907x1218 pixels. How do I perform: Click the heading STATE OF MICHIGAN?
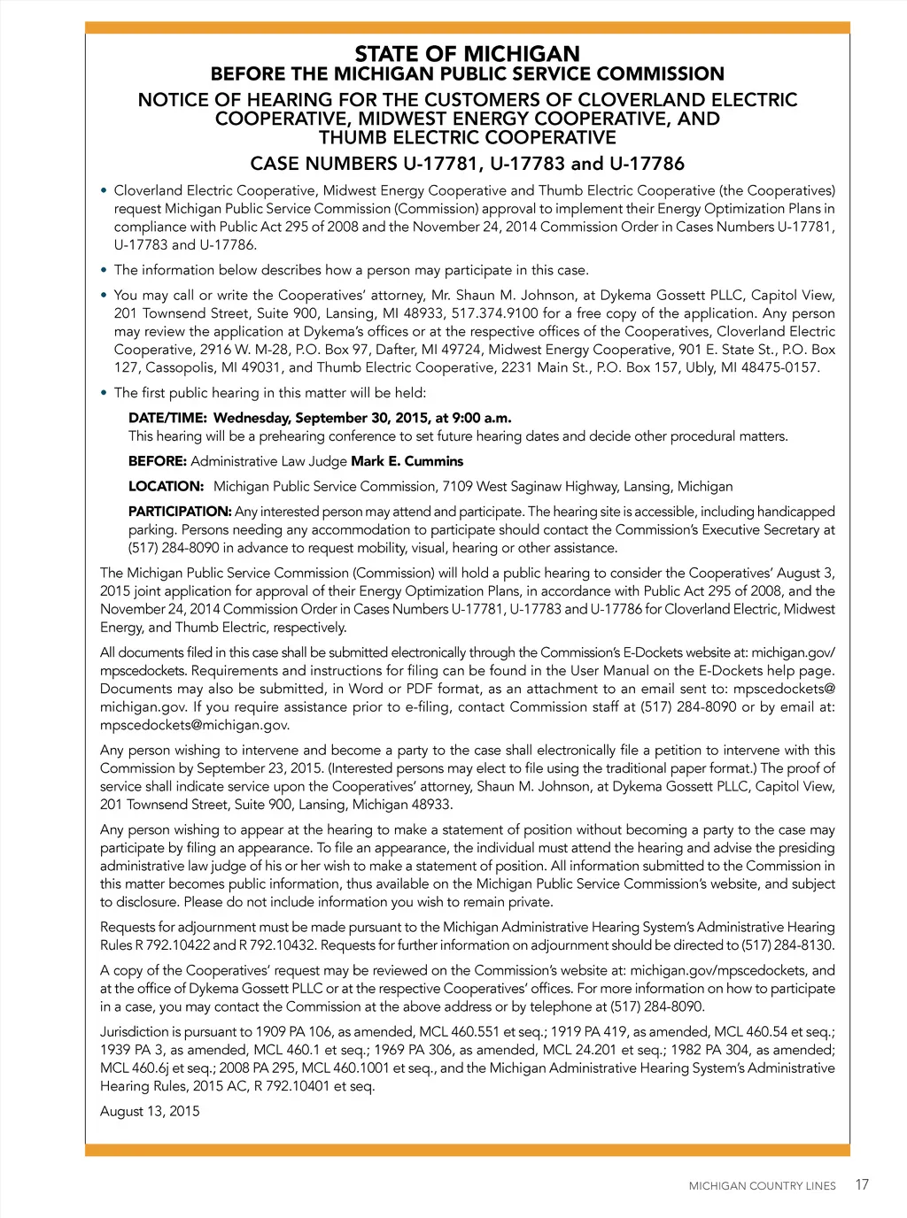tap(467, 54)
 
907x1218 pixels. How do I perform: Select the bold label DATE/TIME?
tap(167, 418)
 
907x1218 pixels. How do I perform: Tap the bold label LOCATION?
tap(166, 486)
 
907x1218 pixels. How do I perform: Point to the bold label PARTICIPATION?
tap(180, 512)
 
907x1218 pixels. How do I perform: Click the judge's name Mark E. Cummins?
tap(407, 461)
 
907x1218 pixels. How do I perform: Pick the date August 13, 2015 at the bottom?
tap(150, 1111)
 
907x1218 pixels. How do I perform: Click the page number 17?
tap(862, 1184)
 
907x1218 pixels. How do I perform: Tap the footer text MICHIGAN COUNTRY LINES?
tap(762, 1186)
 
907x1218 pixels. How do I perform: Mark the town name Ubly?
tap(700, 367)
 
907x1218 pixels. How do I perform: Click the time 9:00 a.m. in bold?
tap(481, 418)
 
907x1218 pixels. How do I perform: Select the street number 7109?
tap(457, 486)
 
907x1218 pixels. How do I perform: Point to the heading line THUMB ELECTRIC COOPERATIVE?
tap(467, 137)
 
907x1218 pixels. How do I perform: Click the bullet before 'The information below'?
tap(105, 270)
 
